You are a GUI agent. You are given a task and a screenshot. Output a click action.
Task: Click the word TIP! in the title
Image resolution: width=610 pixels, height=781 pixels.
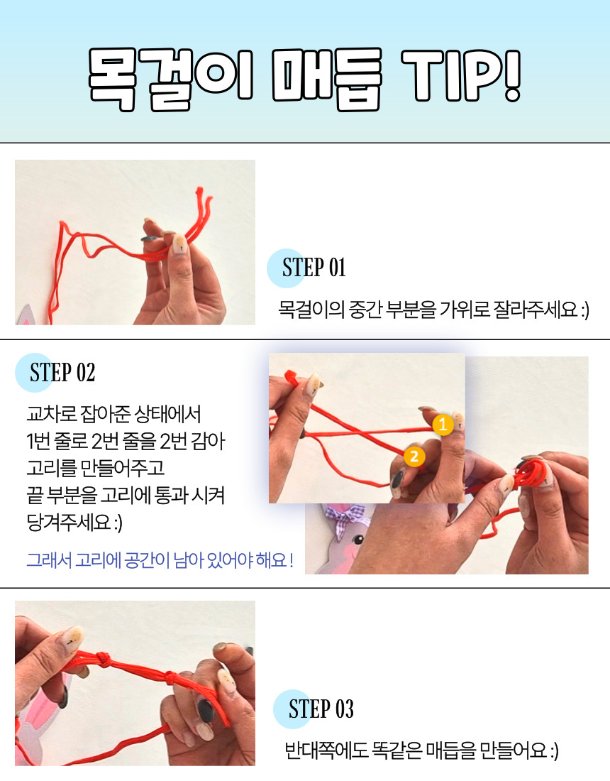click(461, 76)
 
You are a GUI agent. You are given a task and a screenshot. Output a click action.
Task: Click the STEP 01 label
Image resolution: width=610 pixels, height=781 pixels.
click(314, 268)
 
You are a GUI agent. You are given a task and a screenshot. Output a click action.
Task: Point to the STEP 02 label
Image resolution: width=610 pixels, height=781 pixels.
click(62, 373)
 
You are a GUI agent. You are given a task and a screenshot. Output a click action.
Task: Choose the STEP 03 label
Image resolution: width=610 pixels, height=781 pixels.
click(321, 709)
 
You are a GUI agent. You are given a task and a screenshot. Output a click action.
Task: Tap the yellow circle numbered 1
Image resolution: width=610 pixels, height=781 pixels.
click(443, 425)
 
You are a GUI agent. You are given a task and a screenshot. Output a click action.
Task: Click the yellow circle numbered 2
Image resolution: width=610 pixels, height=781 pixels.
click(414, 457)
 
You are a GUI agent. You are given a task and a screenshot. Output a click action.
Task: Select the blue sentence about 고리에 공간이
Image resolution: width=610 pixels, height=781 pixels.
click(159, 560)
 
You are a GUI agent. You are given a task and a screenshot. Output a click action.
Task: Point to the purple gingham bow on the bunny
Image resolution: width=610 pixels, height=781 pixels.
click(347, 516)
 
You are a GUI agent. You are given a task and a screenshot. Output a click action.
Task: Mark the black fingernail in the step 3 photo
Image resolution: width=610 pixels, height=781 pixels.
click(205, 710)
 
